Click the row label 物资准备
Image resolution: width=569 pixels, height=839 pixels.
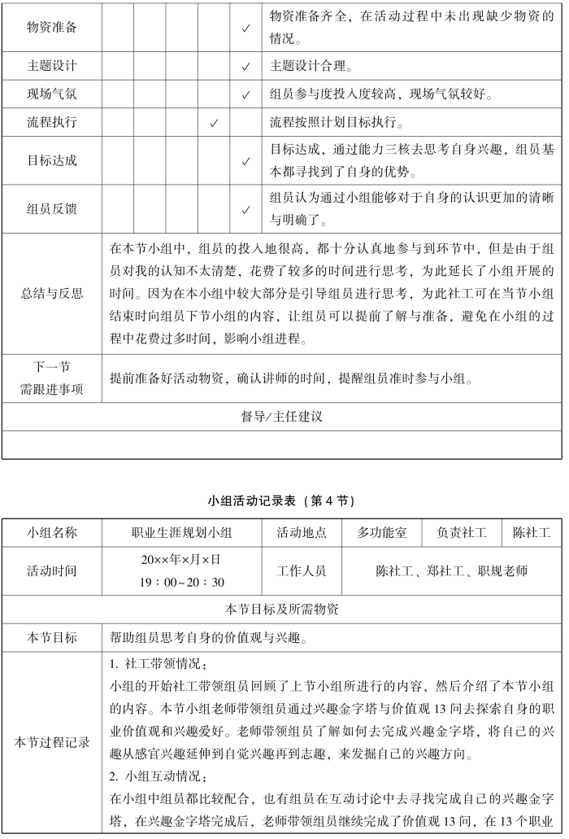coord(52,28)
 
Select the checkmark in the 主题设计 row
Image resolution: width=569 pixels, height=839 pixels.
coord(245,66)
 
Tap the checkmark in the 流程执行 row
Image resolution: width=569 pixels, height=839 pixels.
coord(214,124)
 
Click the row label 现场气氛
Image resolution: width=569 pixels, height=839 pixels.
coord(52,94)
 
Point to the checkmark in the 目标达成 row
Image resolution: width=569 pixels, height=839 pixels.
coord(245,161)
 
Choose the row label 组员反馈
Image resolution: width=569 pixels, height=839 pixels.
coord(52,209)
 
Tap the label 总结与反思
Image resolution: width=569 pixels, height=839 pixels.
coord(52,294)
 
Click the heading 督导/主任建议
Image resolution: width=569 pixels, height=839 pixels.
coord(282,417)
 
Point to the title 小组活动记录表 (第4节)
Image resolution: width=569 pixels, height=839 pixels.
coord(282,499)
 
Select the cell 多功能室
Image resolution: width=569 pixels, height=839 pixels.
coord(382,533)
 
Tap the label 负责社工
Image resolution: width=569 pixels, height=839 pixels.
coord(462,533)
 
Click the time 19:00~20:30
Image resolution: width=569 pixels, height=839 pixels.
coord(181,582)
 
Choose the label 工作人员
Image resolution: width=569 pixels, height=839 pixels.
coord(302,571)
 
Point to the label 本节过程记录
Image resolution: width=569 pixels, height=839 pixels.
coord(52,741)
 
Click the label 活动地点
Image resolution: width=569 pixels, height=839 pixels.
coord(302,533)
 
